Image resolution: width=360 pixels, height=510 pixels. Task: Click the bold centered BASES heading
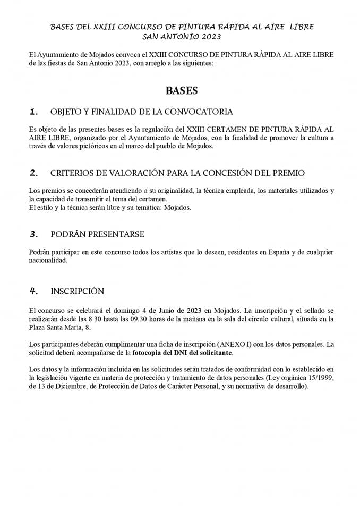click(182, 90)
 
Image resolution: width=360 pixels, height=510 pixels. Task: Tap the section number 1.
click(34, 112)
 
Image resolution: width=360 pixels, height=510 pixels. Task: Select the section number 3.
click(34, 234)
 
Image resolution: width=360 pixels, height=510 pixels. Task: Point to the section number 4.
click(34, 291)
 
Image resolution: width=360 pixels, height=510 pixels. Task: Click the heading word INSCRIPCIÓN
click(77, 291)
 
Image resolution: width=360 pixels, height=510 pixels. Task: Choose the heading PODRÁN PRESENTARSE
click(97, 234)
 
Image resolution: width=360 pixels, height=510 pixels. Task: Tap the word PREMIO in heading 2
click(286, 173)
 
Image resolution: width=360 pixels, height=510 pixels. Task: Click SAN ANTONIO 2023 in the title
click(182, 37)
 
